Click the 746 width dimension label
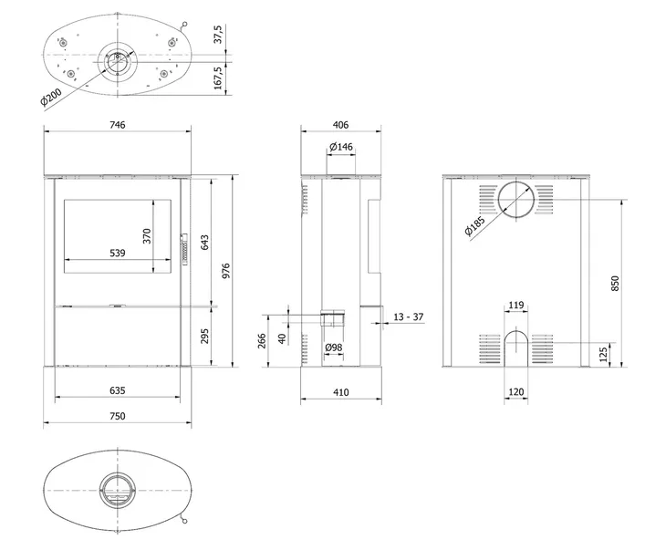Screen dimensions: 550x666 (117, 124)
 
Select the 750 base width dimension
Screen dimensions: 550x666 (117, 416)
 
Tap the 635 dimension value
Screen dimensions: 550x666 (117, 390)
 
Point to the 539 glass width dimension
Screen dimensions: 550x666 (119, 253)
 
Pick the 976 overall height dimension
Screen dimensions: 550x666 (225, 271)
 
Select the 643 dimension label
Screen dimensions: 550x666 (205, 242)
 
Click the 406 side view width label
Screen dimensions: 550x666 (340, 124)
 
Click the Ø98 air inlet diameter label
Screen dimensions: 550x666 (333, 348)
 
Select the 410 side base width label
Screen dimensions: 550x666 (340, 393)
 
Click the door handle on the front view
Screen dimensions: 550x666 (185, 247)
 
